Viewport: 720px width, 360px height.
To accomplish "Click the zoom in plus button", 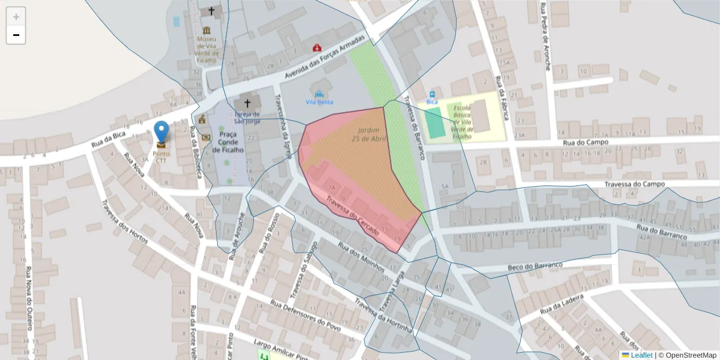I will pos(16,17).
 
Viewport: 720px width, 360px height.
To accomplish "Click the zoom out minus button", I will pos(16,35).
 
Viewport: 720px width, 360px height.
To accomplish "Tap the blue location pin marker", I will pos(161,133).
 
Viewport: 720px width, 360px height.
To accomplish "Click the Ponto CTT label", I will pos(161,157).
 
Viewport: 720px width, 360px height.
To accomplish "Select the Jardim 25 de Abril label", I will pos(369,134).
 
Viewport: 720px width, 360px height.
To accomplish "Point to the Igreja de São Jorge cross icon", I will pos(247,103).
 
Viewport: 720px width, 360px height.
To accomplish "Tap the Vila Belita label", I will pos(319,102).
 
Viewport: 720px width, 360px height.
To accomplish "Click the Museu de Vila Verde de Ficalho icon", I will pos(206,31).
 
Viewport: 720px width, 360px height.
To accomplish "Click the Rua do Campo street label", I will pos(586,142).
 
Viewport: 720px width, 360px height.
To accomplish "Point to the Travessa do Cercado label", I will pos(352,217).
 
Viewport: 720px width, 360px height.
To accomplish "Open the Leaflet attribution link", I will pos(641,355).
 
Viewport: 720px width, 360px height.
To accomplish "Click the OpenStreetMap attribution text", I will pos(691,355).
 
